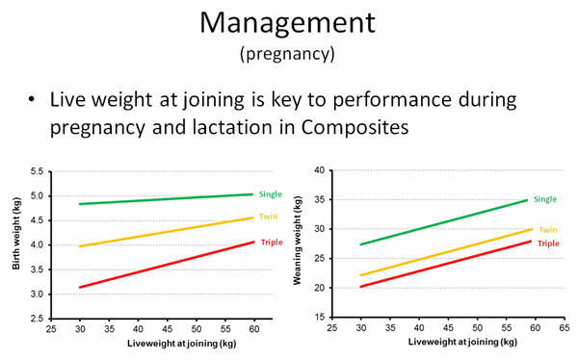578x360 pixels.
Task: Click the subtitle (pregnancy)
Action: (287, 54)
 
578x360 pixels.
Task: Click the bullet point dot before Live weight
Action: (33, 100)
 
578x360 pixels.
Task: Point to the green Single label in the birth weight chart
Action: (271, 193)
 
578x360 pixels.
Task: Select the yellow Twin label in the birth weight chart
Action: (269, 217)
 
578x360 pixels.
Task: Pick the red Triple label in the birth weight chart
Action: (271, 242)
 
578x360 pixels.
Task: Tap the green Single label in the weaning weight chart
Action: (545, 199)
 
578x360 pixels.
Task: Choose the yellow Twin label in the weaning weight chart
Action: (548, 229)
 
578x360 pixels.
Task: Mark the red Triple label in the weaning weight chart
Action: (548, 243)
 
